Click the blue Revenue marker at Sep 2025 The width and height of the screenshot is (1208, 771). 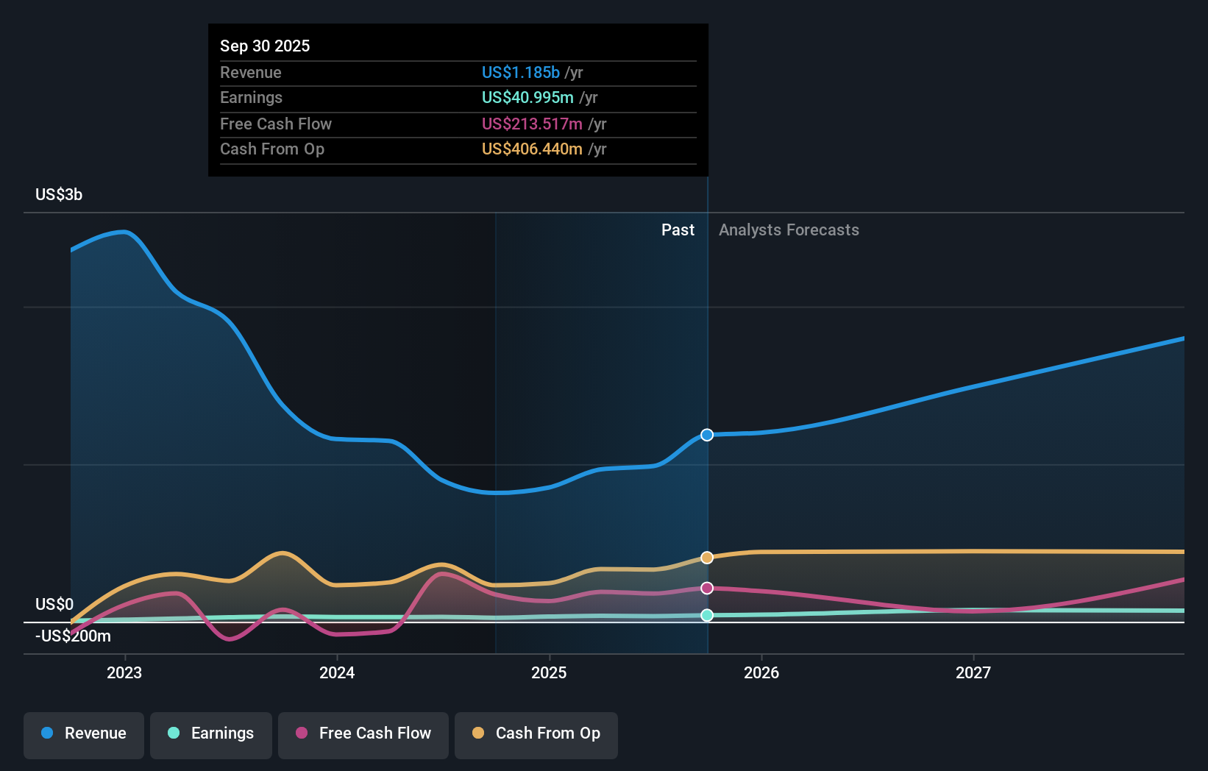(707, 435)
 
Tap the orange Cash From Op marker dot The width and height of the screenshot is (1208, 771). (707, 558)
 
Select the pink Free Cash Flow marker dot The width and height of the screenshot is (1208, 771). (707, 588)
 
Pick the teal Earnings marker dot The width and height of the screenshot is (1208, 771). (707, 615)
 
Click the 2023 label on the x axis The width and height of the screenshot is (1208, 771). (124, 672)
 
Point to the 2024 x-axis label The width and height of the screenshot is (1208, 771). (337, 672)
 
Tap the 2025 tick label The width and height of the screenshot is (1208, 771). (549, 672)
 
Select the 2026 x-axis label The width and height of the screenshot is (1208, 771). (761, 672)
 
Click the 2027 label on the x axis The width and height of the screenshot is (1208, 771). (973, 672)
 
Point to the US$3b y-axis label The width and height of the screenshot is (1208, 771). (59, 195)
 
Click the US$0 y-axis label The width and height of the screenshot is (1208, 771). (54, 604)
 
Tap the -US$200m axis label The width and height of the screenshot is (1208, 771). (73, 636)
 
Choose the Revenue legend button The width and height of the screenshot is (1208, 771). (84, 733)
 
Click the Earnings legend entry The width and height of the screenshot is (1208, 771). (211, 733)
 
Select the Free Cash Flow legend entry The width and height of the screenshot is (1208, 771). (363, 733)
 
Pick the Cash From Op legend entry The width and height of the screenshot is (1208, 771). (536, 733)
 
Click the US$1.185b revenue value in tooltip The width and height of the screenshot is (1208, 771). (521, 73)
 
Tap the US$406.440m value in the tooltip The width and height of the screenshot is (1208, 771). (532, 149)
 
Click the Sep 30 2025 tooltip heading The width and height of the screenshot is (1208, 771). (265, 46)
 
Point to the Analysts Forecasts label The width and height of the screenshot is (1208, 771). (789, 230)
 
